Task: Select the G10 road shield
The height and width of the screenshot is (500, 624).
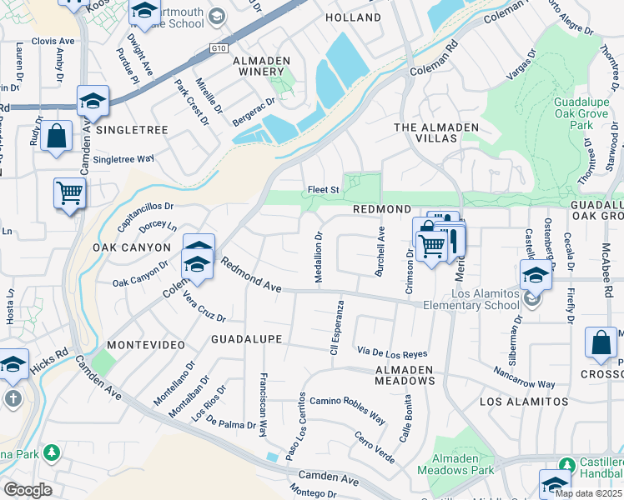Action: tap(219, 49)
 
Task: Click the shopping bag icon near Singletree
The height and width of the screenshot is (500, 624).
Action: tap(56, 137)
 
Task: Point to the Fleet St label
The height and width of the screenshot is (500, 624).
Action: tap(324, 190)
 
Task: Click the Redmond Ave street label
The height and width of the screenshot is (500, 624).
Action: tap(250, 276)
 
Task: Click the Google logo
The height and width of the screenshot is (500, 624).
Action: tap(27, 490)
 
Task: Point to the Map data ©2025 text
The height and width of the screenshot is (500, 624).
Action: tap(588, 493)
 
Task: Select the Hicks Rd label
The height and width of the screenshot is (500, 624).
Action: tap(48, 352)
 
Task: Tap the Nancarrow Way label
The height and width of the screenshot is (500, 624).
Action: tap(523, 377)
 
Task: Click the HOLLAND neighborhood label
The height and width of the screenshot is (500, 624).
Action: tap(353, 17)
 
